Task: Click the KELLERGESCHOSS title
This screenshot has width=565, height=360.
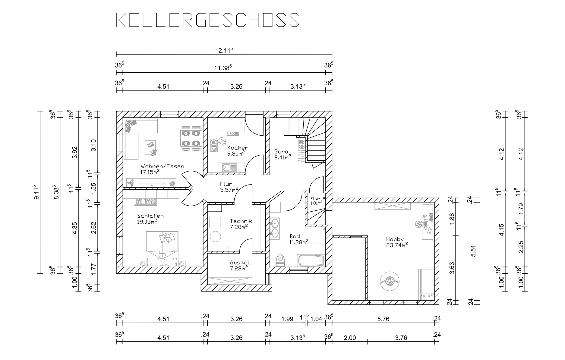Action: (208, 20)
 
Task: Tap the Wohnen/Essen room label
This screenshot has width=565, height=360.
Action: (162, 166)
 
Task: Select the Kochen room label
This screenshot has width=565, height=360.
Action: (238, 148)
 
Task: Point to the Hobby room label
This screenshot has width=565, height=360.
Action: (395, 239)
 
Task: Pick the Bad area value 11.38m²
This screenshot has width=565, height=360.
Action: (299, 242)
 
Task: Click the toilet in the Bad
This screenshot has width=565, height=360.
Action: (280, 260)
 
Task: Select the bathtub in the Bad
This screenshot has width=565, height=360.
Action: (311, 261)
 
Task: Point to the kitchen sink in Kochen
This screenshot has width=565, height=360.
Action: (230, 167)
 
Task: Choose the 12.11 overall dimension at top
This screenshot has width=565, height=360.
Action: (224, 50)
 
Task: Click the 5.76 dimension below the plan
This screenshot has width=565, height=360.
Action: (383, 319)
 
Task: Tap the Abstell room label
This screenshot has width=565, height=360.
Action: (240, 263)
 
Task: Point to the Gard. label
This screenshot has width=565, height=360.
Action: (282, 151)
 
